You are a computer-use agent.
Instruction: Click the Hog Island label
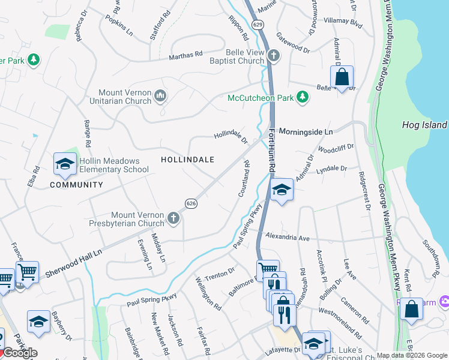424,125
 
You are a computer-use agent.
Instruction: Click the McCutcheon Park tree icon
303,97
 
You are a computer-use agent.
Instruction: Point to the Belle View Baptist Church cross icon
274,56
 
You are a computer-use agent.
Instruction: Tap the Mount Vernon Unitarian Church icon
160,96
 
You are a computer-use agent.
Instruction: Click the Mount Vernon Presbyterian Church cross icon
173,218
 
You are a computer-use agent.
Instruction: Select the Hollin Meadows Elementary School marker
65,164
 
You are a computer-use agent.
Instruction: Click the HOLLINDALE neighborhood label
187,160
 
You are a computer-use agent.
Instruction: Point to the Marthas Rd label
185,55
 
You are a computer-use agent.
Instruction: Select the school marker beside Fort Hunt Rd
281,190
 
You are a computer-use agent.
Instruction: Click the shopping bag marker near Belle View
342,77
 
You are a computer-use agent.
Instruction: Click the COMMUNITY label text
76,185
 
